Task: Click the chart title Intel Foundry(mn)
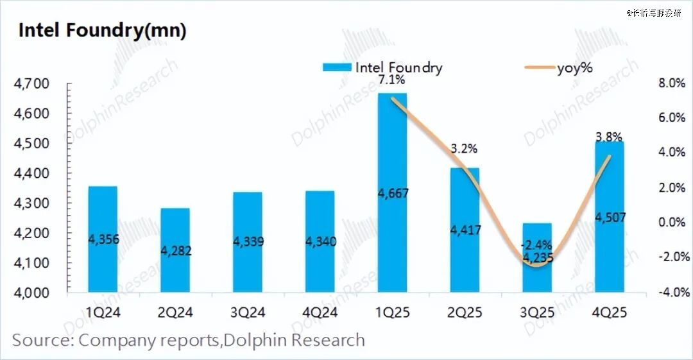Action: click(x=102, y=30)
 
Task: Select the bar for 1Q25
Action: click(x=391, y=193)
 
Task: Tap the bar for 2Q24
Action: click(x=175, y=250)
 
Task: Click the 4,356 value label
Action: click(x=103, y=239)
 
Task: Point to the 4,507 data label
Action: click(x=609, y=218)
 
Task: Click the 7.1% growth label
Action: click(x=392, y=80)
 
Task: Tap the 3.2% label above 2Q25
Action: click(x=463, y=149)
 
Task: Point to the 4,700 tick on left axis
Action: click(x=31, y=84)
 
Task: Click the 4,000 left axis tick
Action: click(x=31, y=293)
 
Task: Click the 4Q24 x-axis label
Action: click(x=319, y=313)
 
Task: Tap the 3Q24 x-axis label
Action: click(x=247, y=313)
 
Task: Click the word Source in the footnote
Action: click(x=42, y=340)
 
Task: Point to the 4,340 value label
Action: click(x=319, y=242)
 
